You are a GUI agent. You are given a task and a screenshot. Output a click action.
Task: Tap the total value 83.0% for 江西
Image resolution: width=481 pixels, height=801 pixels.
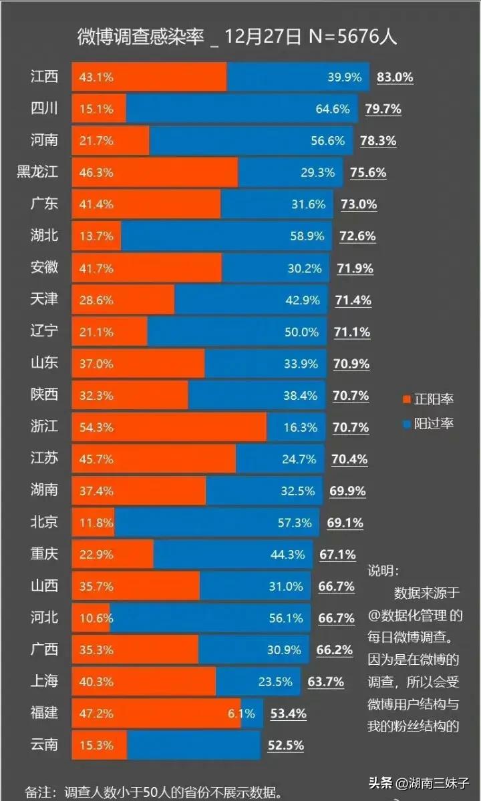click(x=395, y=77)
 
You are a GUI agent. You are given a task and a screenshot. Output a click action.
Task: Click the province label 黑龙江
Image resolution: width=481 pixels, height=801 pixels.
click(x=37, y=172)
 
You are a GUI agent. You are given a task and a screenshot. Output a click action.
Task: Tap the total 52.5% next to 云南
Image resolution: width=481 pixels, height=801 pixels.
click(x=286, y=745)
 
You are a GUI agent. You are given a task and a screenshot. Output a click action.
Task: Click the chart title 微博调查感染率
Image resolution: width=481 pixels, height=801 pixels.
click(x=140, y=37)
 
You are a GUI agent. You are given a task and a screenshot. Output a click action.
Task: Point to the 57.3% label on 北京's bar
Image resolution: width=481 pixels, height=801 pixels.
click(x=295, y=522)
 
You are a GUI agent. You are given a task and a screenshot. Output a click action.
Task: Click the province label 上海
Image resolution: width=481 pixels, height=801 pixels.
click(x=45, y=681)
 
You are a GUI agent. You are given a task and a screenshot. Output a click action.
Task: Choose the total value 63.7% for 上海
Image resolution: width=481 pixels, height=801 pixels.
click(x=326, y=682)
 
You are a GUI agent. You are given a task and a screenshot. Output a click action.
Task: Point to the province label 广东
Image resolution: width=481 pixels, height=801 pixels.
click(x=45, y=204)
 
